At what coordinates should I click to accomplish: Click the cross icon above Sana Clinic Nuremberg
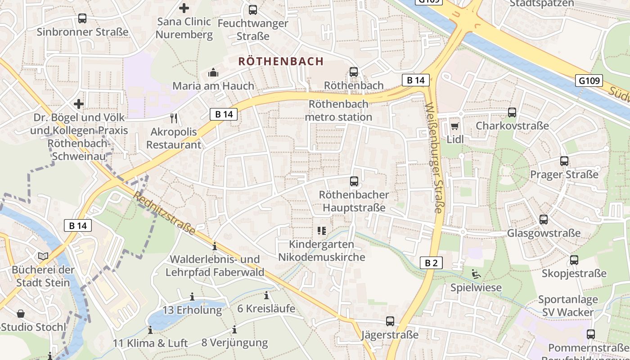tap(184, 8)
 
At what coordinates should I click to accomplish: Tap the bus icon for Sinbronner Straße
tap(82, 18)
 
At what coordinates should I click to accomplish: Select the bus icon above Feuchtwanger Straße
tap(253, 9)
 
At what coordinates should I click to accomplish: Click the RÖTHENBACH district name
tap(281, 61)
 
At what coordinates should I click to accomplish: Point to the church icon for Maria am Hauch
tap(213, 72)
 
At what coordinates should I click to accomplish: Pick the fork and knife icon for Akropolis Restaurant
tap(174, 118)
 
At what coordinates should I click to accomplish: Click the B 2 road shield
tap(431, 263)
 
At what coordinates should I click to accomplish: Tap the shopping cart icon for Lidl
tap(455, 126)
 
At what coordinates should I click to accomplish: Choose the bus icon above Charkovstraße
tap(512, 112)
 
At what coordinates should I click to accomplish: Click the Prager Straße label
tap(564, 174)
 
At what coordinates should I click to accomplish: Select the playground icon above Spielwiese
tap(476, 274)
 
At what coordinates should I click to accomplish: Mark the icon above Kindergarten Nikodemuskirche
tap(322, 231)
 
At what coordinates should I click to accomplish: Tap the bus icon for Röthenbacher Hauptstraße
tap(354, 181)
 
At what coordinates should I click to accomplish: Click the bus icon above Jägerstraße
tap(390, 321)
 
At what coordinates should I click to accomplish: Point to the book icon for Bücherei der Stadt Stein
tap(43, 256)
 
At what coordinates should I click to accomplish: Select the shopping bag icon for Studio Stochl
tap(21, 313)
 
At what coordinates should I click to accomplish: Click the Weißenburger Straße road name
tap(434, 157)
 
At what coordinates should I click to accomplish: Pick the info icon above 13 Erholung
tap(192, 297)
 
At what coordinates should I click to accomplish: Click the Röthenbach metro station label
tap(338, 110)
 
